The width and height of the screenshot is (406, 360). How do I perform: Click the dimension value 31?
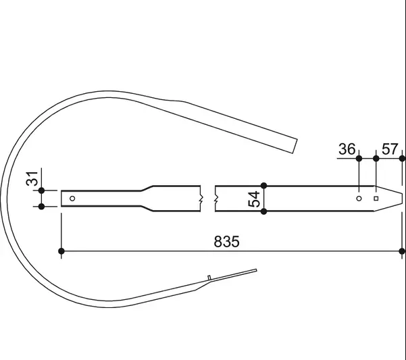click(30, 182)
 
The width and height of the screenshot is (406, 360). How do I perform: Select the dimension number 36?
click(347, 149)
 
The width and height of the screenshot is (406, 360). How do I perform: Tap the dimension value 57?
click(390, 149)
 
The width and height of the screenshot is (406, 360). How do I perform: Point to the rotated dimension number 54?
click(254, 199)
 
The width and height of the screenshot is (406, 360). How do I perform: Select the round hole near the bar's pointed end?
click(359, 199)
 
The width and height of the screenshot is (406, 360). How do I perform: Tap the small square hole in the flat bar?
click(376, 199)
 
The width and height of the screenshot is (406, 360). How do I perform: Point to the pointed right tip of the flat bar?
click(403, 199)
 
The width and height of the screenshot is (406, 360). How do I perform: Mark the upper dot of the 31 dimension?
click(41, 190)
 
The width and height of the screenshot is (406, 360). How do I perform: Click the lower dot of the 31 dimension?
click(41, 207)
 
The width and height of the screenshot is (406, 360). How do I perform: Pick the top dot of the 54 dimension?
click(264, 185)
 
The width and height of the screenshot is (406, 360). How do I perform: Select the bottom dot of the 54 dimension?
click(264, 211)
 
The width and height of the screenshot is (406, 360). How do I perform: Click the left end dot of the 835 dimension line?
click(61, 251)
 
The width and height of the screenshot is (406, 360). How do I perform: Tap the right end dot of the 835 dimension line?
click(403, 251)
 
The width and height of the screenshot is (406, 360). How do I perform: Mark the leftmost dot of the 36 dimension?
click(359, 158)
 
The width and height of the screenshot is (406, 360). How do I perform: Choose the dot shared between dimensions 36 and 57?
click(376, 158)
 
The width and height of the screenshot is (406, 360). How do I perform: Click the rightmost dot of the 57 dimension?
click(403, 158)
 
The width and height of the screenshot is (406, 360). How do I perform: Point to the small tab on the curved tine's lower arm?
click(210, 278)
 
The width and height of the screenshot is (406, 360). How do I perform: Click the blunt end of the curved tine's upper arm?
click(295, 145)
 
